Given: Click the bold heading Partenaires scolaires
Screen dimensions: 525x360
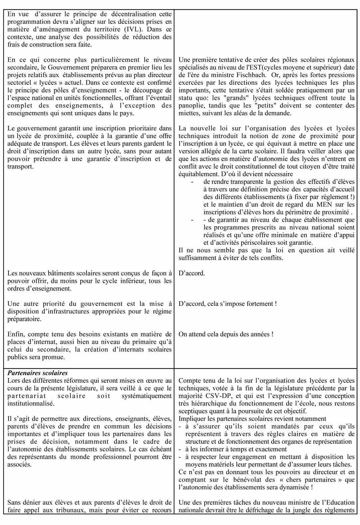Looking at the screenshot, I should point(38,373).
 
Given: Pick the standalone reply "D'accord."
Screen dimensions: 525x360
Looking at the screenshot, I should point(192,273).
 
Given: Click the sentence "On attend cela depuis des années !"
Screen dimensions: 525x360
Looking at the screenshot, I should point(226,334).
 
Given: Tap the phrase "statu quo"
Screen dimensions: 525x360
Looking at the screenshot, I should point(191,98).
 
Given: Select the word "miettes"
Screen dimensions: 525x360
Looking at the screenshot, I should point(188,113).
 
